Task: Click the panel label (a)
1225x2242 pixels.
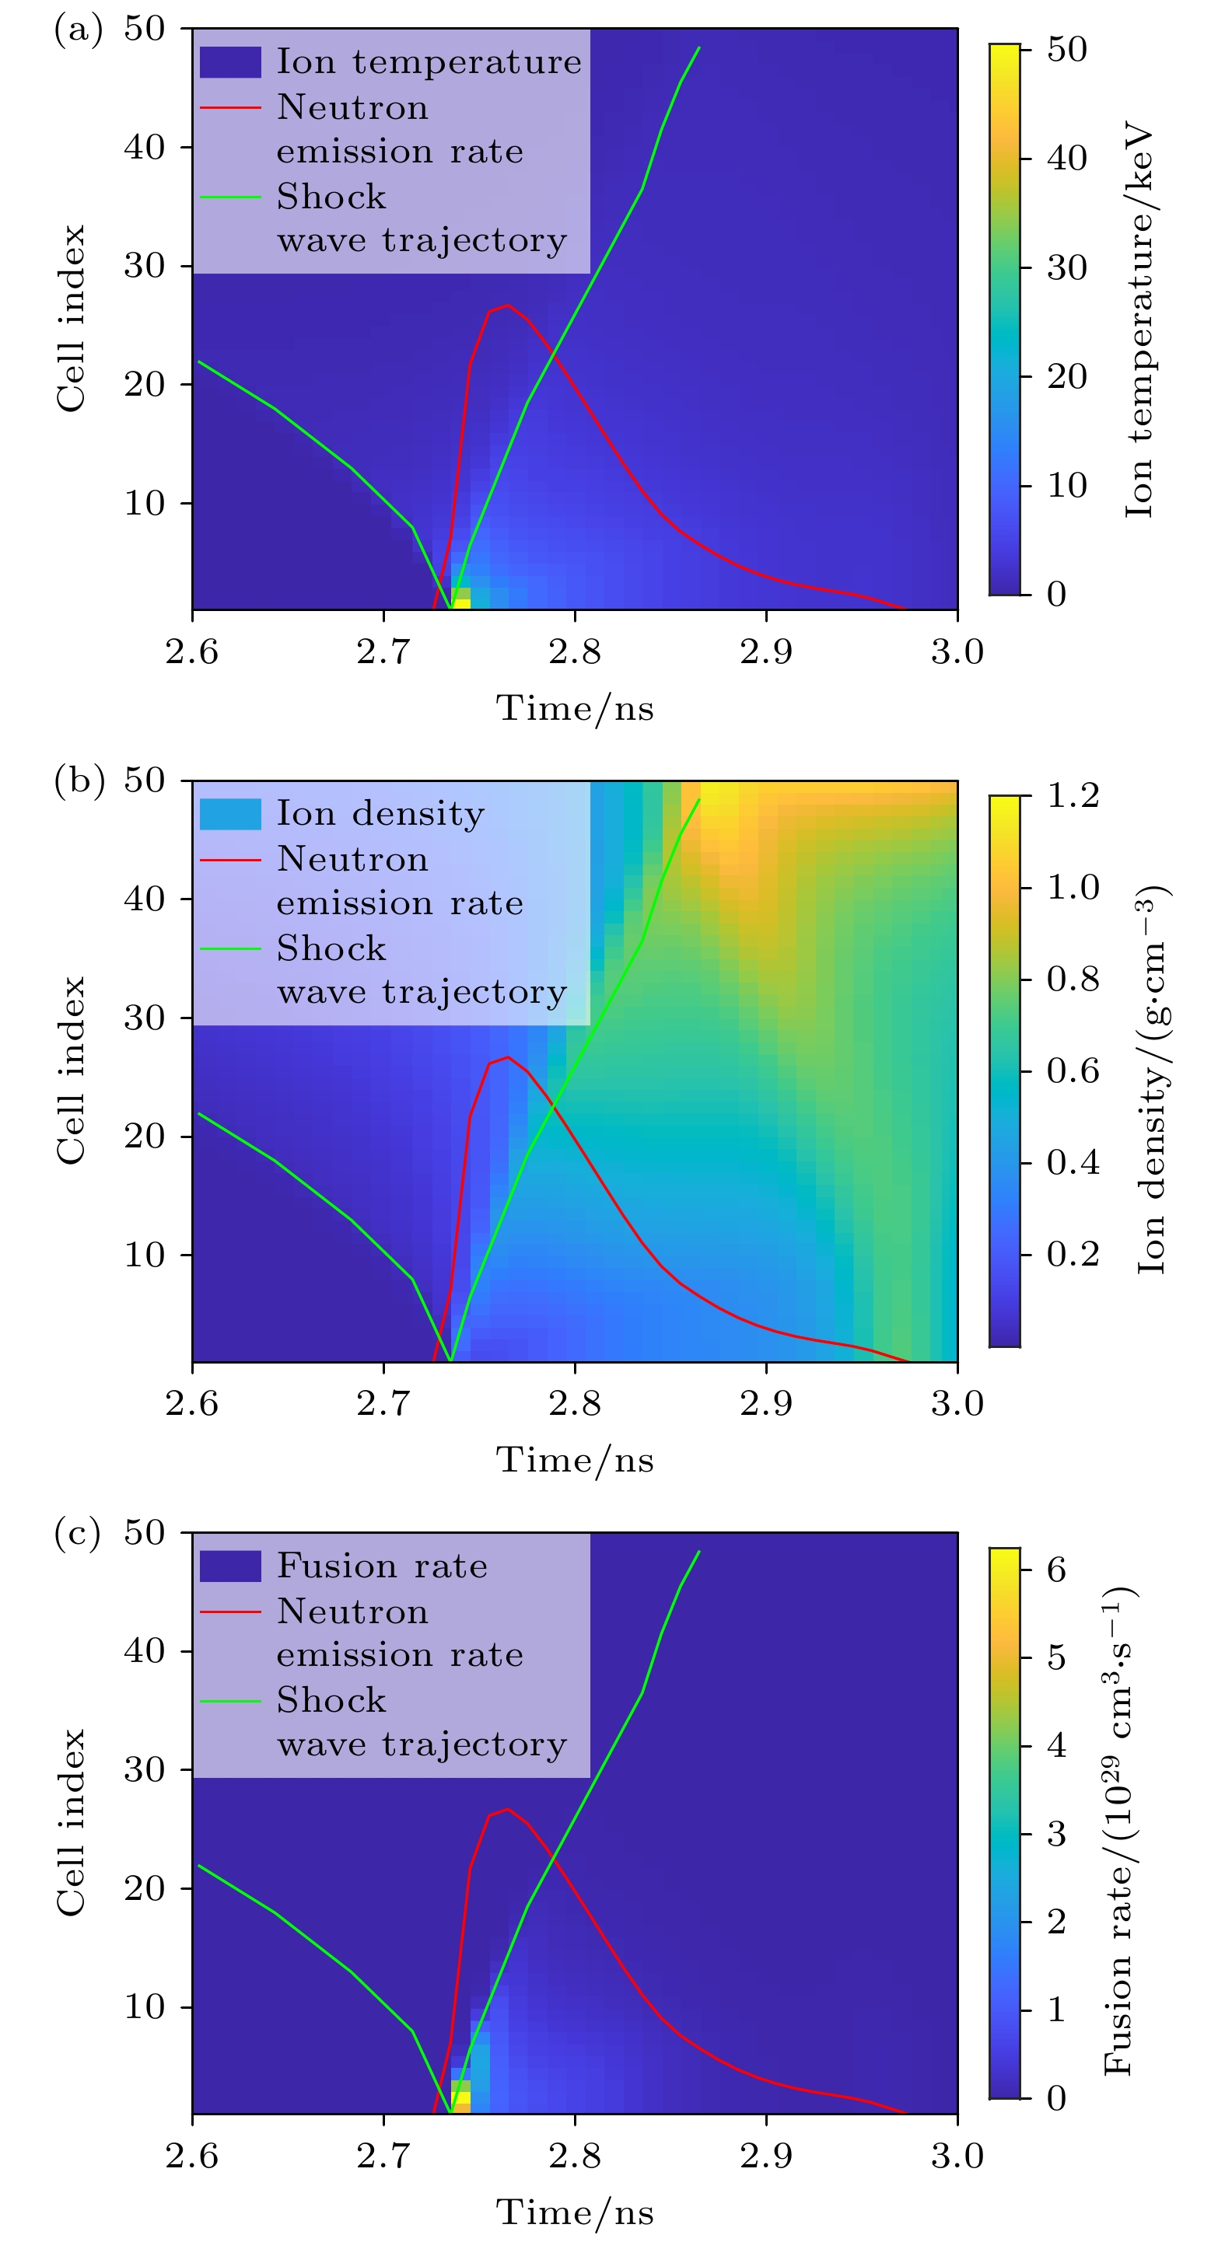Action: pyautogui.click(x=78, y=30)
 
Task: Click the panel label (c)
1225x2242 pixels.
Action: pyautogui.click(x=78, y=1534)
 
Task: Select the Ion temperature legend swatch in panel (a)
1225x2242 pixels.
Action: pyautogui.click(x=230, y=61)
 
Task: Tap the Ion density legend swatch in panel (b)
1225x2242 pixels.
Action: pyautogui.click(x=230, y=814)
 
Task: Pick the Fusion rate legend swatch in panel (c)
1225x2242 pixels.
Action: pyautogui.click(x=230, y=1566)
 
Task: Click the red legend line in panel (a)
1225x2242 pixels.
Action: pyautogui.click(x=230, y=108)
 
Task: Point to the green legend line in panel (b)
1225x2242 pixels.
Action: pyautogui.click(x=230, y=948)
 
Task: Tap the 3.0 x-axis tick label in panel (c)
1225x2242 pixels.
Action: pyautogui.click(x=957, y=2156)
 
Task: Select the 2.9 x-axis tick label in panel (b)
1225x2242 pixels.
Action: pyautogui.click(x=766, y=1404)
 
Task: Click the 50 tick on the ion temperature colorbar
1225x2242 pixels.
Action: pyautogui.click(x=1066, y=50)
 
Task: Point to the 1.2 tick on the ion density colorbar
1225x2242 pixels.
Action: pyautogui.click(x=1073, y=795)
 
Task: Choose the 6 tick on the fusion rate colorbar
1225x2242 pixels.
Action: pyautogui.click(x=1056, y=1570)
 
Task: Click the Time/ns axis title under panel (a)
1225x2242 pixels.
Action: pyautogui.click(x=575, y=708)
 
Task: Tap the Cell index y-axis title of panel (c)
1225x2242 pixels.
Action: pyautogui.click(x=72, y=1823)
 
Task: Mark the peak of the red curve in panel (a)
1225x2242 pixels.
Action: pyautogui.click(x=508, y=306)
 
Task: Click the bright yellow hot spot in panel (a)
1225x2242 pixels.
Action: pyautogui.click(x=461, y=600)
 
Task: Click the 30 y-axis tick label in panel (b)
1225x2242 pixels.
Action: pyautogui.click(x=145, y=1018)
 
